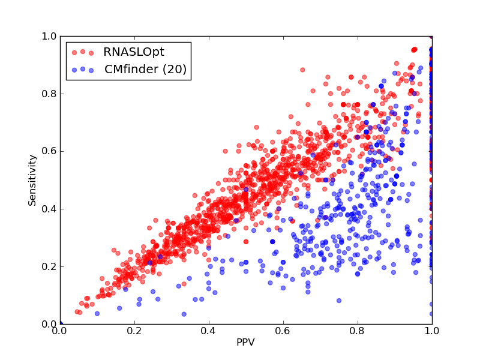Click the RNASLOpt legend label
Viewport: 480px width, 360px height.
click(x=134, y=52)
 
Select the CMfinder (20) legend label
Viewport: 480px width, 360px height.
click(x=145, y=69)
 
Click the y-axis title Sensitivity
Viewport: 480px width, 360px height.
click(x=32, y=181)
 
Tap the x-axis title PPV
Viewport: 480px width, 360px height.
click(x=245, y=342)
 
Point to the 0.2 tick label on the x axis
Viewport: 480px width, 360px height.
click(x=134, y=331)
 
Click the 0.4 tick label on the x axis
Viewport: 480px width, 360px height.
click(x=209, y=331)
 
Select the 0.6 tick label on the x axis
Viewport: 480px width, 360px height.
click(x=283, y=331)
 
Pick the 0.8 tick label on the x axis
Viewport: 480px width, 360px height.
click(x=358, y=331)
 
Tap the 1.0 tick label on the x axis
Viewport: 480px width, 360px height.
click(x=432, y=331)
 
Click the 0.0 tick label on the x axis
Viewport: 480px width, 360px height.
click(x=60, y=331)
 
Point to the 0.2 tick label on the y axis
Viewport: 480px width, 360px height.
click(x=49, y=266)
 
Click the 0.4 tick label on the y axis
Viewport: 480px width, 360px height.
click(x=49, y=209)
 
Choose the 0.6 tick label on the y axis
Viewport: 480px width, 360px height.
click(x=49, y=151)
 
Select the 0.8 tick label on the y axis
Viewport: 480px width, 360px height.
click(x=49, y=94)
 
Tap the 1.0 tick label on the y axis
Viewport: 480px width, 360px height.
click(x=49, y=36)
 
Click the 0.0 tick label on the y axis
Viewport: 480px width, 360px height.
click(x=49, y=324)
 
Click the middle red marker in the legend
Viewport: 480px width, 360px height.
click(x=83, y=52)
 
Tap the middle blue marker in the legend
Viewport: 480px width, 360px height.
click(x=83, y=69)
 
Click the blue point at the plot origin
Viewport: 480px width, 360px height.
click(x=61, y=323)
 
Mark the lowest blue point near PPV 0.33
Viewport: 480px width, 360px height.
click(x=184, y=314)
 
